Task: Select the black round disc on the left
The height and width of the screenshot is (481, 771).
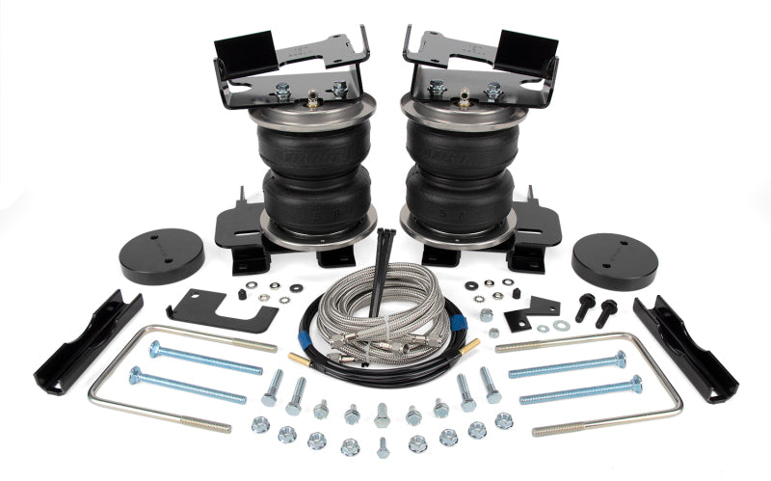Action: [x=162, y=254]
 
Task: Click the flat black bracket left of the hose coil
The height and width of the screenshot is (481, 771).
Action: [x=217, y=307]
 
